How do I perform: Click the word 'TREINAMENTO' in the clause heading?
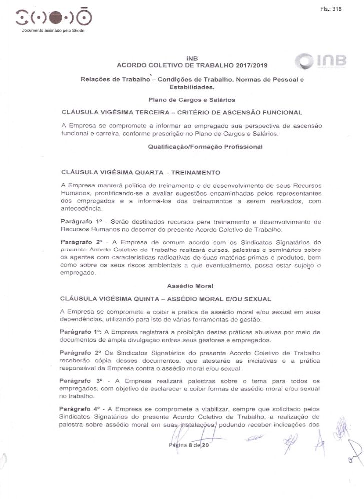coord(196,173)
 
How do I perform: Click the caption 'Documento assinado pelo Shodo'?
coord(53,31)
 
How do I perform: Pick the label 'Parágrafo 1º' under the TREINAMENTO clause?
coord(79,221)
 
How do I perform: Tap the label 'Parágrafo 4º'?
coord(79,409)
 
